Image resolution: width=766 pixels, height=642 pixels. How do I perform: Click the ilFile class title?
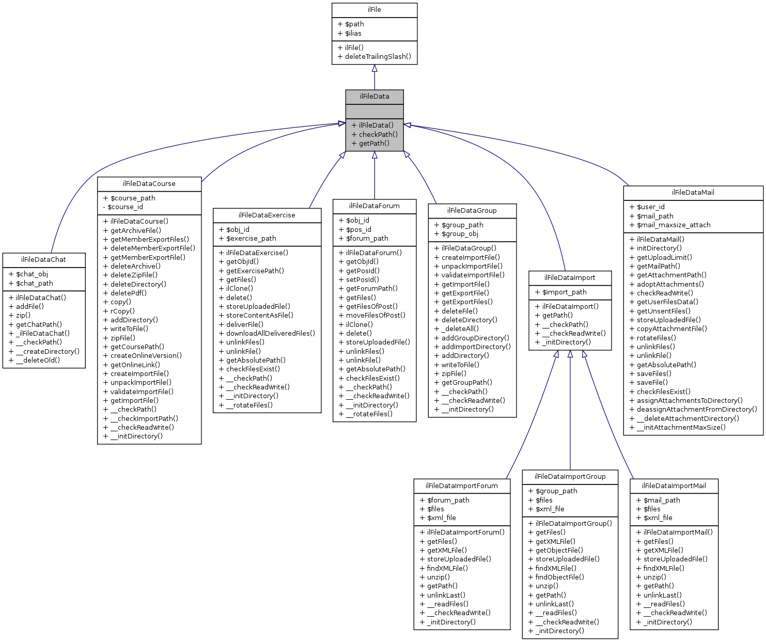374,10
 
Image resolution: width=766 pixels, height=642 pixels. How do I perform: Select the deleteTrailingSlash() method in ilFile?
378,56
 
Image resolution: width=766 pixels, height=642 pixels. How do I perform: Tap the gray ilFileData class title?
374,97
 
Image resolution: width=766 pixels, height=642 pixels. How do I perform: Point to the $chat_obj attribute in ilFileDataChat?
32,274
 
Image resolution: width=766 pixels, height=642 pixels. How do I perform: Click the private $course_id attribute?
126,207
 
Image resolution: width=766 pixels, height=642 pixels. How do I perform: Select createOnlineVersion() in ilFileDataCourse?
146,355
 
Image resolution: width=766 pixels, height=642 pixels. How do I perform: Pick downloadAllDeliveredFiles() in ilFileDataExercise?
270,333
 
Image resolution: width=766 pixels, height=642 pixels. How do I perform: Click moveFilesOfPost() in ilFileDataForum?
376,315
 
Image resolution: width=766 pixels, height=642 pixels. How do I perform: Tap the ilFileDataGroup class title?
472,211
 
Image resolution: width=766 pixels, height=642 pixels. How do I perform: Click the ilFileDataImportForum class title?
462,486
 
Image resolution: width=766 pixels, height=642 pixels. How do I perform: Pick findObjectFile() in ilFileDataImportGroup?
559,577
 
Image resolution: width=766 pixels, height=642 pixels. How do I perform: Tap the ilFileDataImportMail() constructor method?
678,532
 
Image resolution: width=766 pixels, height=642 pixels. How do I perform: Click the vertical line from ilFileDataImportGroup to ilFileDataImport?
570,413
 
